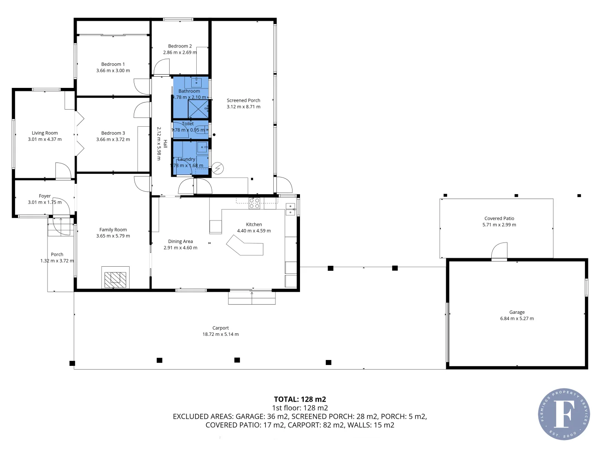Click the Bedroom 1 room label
click(x=113, y=64)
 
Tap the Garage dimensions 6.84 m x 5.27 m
click(x=517, y=319)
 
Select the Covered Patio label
click(x=499, y=218)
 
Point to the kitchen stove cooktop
click(x=255, y=203)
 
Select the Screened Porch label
click(x=243, y=100)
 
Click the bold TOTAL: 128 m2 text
click(x=300, y=399)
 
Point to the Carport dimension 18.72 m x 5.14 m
click(x=220, y=334)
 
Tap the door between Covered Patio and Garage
click(x=499, y=252)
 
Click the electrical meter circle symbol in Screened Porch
click(x=217, y=168)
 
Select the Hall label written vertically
click(x=165, y=144)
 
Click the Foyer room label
click(x=45, y=196)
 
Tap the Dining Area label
click(x=180, y=241)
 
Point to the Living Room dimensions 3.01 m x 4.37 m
click(x=45, y=140)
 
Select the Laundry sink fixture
click(x=202, y=147)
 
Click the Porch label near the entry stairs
click(x=57, y=254)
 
